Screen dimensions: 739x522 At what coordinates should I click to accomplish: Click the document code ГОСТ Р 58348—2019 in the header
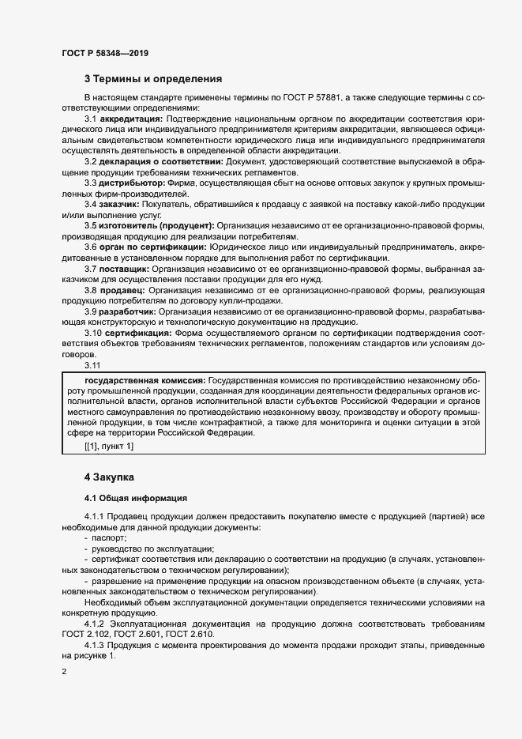pyautogui.click(x=104, y=53)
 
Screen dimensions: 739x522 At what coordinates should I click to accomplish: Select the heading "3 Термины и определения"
pyautogui.click(x=153, y=79)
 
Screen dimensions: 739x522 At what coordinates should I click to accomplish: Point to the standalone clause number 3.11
pyautogui.click(x=92, y=365)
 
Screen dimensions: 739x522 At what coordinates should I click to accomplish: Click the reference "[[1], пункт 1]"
pyautogui.click(x=109, y=447)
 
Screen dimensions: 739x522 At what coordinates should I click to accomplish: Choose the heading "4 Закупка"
pyautogui.click(x=109, y=477)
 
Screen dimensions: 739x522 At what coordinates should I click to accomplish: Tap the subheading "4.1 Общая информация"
pyautogui.click(x=135, y=498)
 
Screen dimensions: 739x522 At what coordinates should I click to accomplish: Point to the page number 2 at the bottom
pyautogui.click(x=64, y=671)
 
